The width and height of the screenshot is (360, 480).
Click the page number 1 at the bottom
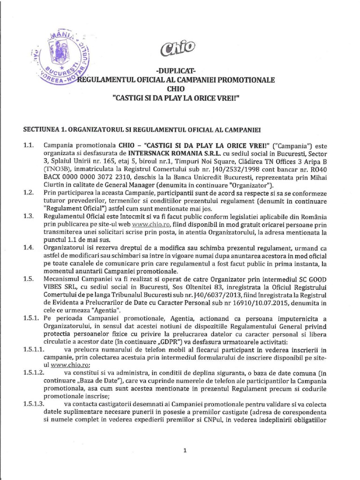(185, 451)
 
